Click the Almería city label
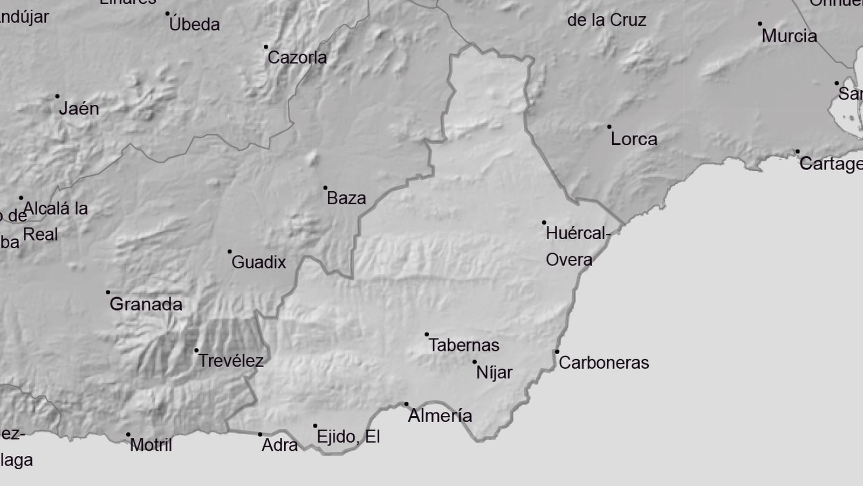[440, 416]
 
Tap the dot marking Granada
[108, 292]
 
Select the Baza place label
[346, 198]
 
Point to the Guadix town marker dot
[230, 252]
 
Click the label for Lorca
[634, 139]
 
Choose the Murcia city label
[789, 36]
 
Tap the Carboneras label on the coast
[604, 363]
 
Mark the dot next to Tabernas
[427, 335]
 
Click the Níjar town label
[494, 373]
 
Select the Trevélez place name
[231, 361]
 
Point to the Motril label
[151, 445]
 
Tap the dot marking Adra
[260, 434]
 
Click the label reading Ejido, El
[348, 436]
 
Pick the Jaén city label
[79, 109]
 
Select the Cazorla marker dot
[266, 47]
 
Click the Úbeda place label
[194, 24]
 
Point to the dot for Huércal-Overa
[544, 222]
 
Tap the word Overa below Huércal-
[569, 260]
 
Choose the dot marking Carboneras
[557, 352]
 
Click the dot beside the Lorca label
[609, 127]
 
